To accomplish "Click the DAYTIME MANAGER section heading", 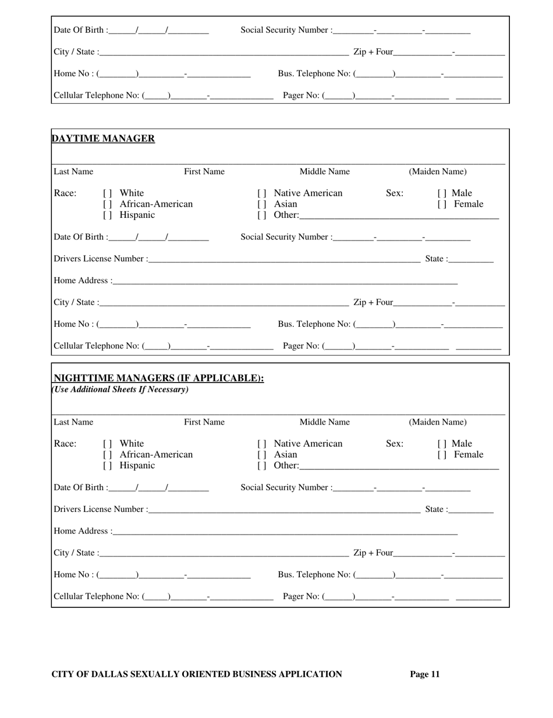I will (103, 139).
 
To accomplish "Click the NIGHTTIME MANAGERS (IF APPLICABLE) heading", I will (158, 379).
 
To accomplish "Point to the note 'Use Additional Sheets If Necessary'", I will (120, 390).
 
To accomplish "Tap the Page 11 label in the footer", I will (425, 674).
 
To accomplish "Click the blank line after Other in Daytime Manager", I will (399, 216).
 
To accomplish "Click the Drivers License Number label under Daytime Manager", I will (100, 259).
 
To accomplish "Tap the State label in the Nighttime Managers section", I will (436, 510).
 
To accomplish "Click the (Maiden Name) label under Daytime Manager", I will (438, 172).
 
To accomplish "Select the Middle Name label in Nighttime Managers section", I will (325, 422).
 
